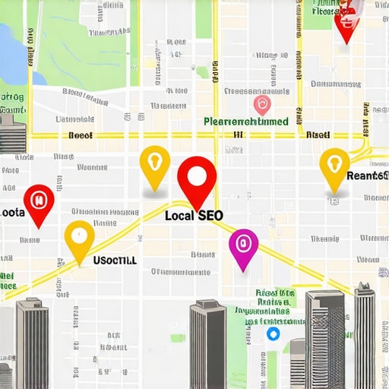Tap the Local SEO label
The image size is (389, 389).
tap(194, 216)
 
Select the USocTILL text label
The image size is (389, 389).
tap(115, 260)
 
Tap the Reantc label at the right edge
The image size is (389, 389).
tap(367, 176)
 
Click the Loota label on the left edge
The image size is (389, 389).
tap(13, 213)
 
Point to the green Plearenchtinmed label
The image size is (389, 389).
tap(246, 121)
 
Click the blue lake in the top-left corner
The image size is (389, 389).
tap(9, 46)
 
